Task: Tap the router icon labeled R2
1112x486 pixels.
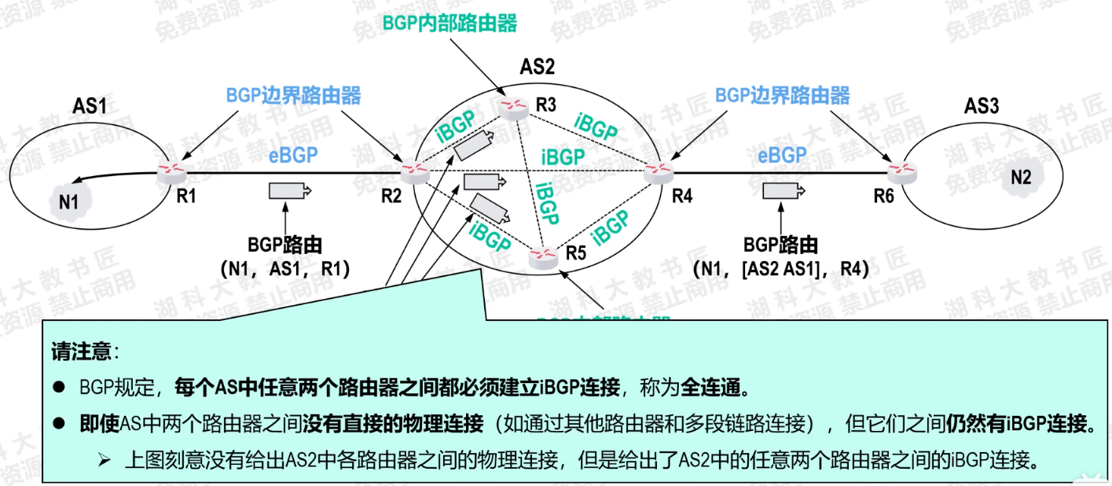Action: pyautogui.click(x=411, y=171)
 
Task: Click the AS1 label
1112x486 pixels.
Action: pyautogui.click(x=90, y=105)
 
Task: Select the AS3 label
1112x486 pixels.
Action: pyautogui.click(x=982, y=106)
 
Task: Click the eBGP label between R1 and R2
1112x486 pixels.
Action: pyautogui.click(x=294, y=155)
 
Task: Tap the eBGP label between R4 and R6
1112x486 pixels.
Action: pyautogui.click(x=782, y=155)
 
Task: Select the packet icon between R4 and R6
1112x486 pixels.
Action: pyautogui.click(x=782, y=190)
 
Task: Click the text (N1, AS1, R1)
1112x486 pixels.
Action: pyautogui.click(x=285, y=269)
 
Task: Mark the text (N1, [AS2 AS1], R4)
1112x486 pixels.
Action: pyautogui.click(x=781, y=269)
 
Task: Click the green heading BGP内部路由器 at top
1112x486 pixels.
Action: pyautogui.click(x=450, y=23)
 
